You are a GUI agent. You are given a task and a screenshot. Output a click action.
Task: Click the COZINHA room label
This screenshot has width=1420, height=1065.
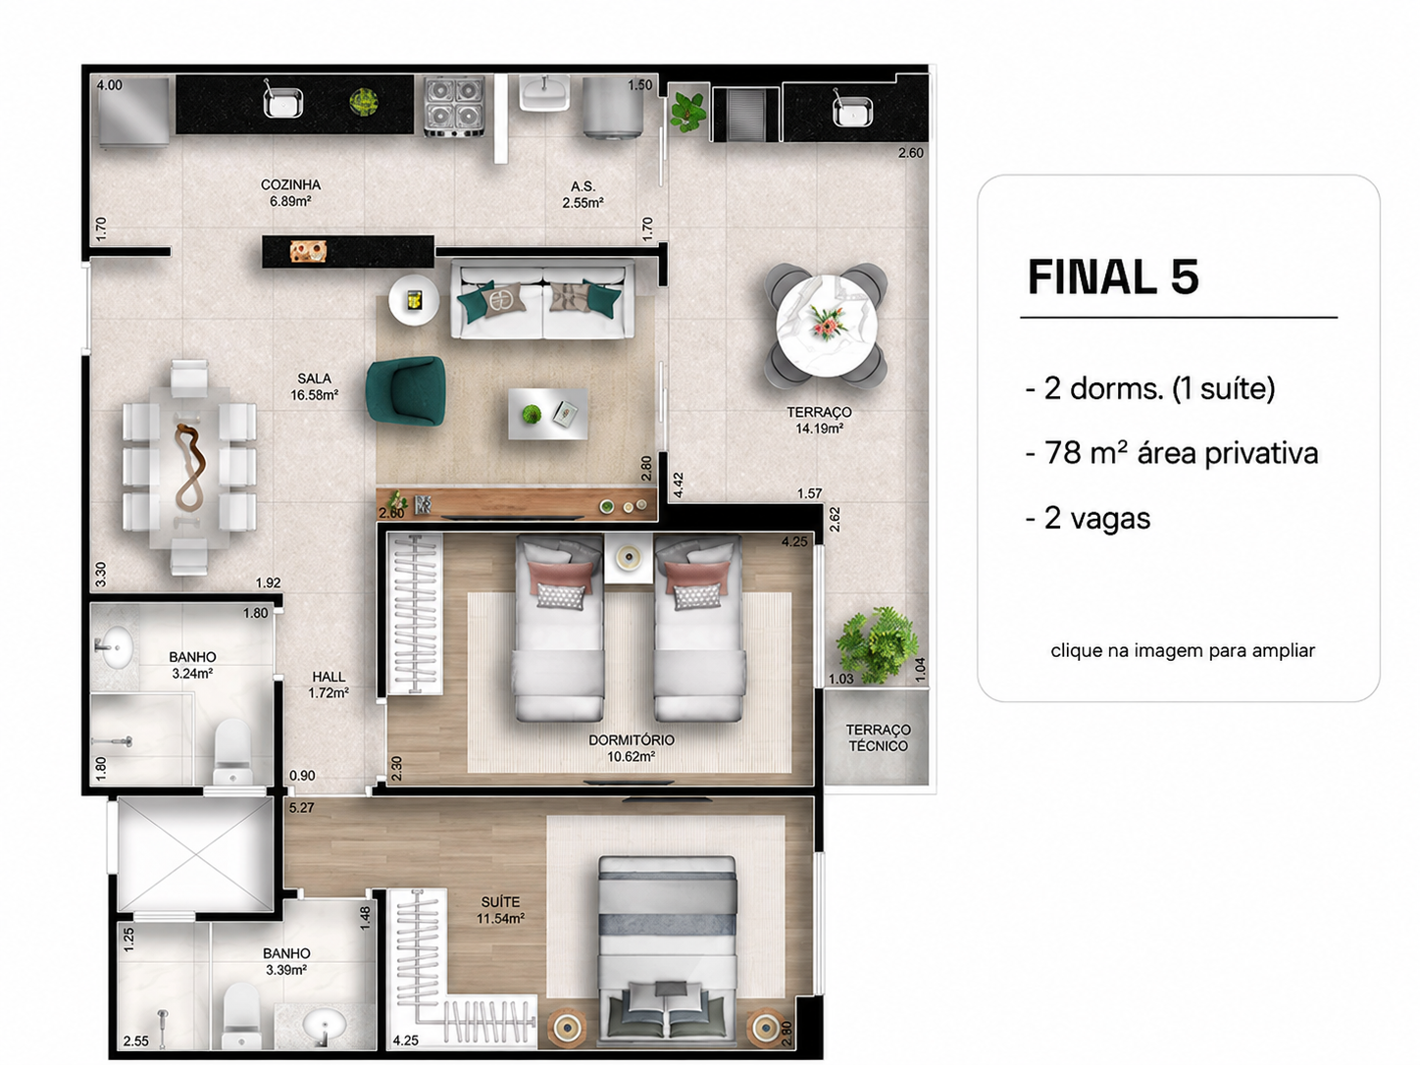(290, 185)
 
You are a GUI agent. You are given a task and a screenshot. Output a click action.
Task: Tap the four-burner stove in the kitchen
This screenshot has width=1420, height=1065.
(454, 106)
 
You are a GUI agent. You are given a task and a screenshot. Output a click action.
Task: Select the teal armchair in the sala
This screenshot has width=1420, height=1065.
(406, 390)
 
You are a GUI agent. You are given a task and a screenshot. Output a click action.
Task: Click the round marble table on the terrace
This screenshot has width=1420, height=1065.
(826, 326)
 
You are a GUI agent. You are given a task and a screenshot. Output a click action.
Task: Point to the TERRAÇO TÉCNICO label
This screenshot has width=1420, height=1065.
(878, 737)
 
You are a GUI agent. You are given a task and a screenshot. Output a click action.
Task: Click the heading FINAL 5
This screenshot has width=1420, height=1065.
(1113, 277)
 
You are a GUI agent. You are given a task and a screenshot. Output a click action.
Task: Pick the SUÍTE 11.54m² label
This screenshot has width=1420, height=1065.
(500, 910)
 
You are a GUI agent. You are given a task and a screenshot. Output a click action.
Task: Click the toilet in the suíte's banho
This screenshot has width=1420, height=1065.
(241, 1016)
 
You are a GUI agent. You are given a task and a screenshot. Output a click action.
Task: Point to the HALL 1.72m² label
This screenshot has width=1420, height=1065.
(329, 685)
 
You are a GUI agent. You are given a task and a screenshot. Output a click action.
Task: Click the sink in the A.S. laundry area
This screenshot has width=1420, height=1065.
(544, 93)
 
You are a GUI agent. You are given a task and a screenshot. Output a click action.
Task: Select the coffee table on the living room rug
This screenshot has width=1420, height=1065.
(548, 414)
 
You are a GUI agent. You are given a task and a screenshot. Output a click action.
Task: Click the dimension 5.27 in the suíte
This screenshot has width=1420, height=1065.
(301, 808)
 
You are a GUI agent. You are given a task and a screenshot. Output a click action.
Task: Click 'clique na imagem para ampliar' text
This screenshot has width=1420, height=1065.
(1183, 650)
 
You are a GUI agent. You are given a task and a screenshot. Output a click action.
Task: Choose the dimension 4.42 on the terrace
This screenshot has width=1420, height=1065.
(678, 485)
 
